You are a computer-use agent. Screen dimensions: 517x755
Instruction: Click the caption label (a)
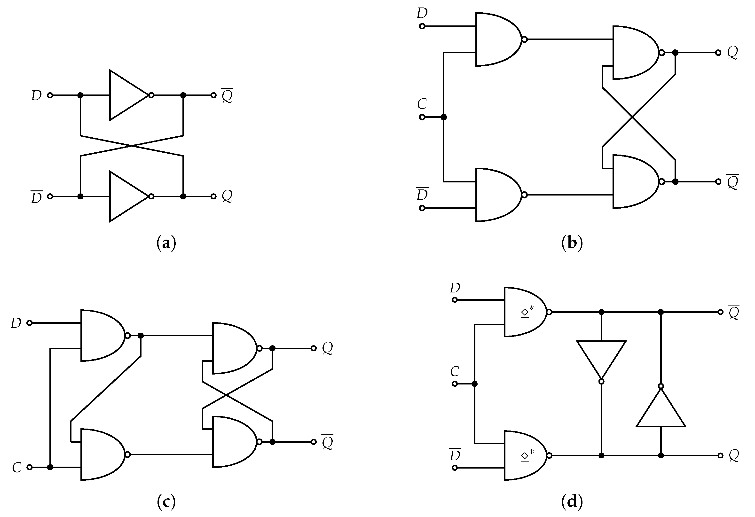pos(166,243)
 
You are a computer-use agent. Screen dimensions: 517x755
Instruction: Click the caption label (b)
pos(572,243)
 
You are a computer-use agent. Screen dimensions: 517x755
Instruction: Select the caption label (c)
pos(166,502)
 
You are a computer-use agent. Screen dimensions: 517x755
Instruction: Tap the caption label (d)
pos(572,502)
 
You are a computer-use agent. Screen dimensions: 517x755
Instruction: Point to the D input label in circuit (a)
pos(36,95)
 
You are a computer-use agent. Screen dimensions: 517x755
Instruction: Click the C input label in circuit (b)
pos(422,104)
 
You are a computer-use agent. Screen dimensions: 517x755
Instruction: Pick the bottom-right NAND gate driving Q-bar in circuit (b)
pos(634,181)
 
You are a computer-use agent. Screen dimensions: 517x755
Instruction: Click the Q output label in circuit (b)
pos(732,52)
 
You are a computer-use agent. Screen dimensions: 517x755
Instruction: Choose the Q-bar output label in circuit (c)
pos(327,442)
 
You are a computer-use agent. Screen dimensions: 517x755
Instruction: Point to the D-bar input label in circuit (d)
pos(455,455)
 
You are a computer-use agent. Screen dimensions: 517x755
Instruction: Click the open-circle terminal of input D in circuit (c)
pos(30,323)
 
